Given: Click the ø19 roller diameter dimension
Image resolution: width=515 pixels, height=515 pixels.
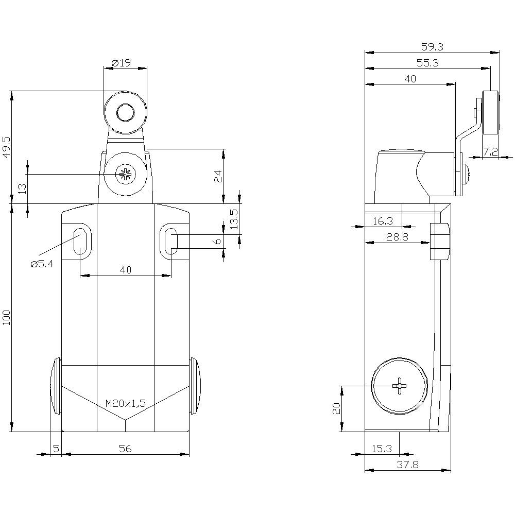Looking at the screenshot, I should click(x=121, y=63).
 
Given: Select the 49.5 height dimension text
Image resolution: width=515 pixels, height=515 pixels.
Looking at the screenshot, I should click(x=7, y=147).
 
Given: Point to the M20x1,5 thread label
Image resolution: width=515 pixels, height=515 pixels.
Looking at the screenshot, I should click(x=126, y=403).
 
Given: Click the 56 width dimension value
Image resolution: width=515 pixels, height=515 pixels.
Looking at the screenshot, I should click(x=125, y=449).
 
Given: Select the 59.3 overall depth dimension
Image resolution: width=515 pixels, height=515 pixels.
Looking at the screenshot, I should click(x=432, y=47).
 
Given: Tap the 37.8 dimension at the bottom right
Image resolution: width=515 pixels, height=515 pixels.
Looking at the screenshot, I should click(x=407, y=465).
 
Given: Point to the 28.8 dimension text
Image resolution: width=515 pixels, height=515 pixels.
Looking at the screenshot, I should click(x=397, y=237).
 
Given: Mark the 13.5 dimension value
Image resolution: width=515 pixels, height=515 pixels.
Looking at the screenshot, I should click(x=234, y=219).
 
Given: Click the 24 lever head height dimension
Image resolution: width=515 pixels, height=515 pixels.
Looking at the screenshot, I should click(x=218, y=176).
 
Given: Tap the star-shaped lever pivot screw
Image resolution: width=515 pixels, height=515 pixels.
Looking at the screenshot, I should click(x=125, y=174).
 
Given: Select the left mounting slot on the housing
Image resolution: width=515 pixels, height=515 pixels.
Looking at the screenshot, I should click(x=80, y=241).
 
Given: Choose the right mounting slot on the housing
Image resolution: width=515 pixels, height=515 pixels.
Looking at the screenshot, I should click(x=171, y=241).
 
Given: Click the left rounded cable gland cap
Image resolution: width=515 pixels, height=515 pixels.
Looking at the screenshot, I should click(x=56, y=386).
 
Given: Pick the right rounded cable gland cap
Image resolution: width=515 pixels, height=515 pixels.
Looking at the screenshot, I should click(x=196, y=386).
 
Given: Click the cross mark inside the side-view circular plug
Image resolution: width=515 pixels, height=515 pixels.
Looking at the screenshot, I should click(x=400, y=386).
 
